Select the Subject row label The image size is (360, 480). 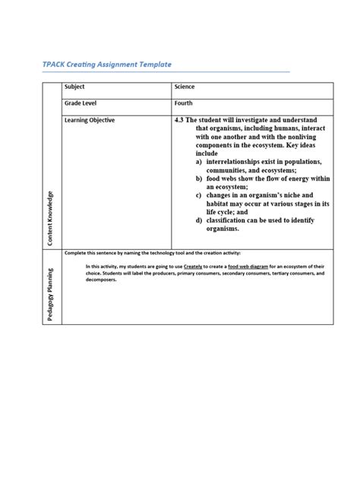(75, 87)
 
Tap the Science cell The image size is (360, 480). (185, 87)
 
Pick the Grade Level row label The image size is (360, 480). (81, 103)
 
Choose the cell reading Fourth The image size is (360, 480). (183, 103)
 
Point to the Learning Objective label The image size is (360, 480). (90, 120)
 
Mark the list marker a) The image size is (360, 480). (198, 161)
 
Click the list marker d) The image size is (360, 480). (198, 219)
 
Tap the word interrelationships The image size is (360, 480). (240, 161)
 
